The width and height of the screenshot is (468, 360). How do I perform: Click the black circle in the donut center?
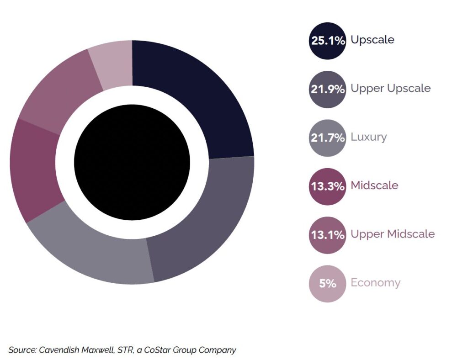point(132,162)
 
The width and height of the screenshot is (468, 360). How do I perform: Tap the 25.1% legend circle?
point(327,40)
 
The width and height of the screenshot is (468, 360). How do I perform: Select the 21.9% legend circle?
point(327,89)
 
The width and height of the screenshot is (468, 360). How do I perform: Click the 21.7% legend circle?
point(327,138)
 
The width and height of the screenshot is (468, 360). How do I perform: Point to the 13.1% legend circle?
point(327,235)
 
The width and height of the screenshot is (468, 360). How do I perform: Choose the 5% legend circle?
point(327,283)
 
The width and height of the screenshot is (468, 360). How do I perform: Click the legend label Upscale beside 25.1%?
point(372,40)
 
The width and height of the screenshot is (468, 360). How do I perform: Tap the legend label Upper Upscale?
point(390,88)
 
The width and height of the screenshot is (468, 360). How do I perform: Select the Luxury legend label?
point(368,137)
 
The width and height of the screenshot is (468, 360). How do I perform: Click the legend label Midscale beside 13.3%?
point(374,185)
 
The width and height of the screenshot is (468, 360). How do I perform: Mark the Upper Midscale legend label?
point(393,234)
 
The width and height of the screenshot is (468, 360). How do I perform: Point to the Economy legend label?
point(375,283)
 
